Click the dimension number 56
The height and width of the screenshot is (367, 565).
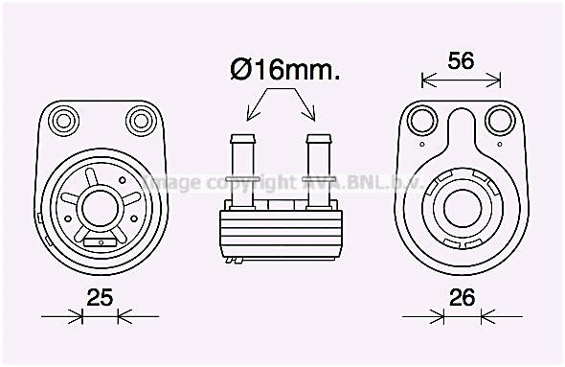pyautogui.click(x=462, y=61)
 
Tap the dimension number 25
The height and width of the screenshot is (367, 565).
pyautogui.click(x=99, y=298)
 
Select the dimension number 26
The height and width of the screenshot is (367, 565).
pyautogui.click(x=462, y=298)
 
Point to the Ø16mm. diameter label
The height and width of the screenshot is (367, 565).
pyautogui.click(x=284, y=70)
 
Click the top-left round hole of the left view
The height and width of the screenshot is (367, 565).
pyautogui.click(x=66, y=120)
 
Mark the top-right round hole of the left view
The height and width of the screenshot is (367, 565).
pyautogui.click(x=140, y=120)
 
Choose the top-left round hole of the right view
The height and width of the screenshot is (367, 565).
pyautogui.click(x=421, y=121)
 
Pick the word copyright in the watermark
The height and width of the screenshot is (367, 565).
pyautogui.click(x=254, y=182)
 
